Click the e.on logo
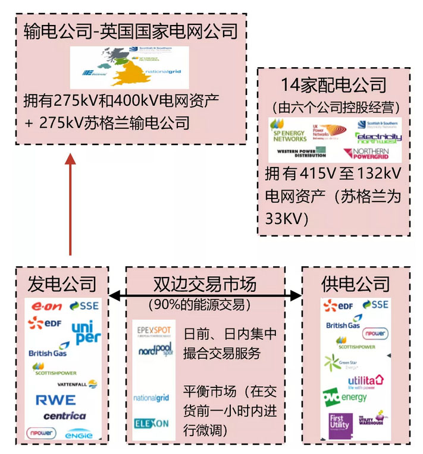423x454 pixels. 46,307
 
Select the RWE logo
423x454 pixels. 55,400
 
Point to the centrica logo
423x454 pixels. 64,416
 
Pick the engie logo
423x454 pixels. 79,434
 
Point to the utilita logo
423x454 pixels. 366,380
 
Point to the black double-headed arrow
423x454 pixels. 205,295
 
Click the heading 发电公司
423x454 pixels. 62,283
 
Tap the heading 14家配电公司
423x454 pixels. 334,86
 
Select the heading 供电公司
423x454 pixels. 355,283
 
